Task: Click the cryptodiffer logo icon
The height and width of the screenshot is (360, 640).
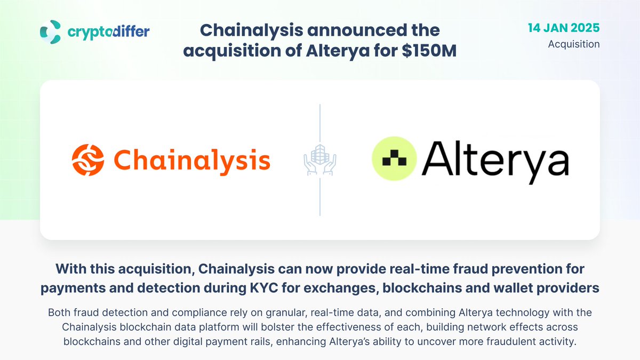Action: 51,32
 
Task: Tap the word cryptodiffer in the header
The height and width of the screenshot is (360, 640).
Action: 109,32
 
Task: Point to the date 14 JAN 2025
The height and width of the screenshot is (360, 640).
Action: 564,28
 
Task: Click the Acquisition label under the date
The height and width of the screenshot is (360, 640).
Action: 574,44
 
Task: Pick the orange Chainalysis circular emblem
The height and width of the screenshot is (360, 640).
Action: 89,160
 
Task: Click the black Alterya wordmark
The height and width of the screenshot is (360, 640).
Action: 495,159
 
